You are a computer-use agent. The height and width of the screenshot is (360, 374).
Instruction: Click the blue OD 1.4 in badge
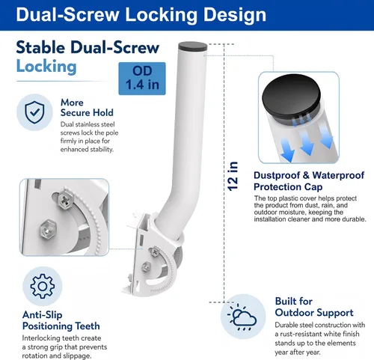point(142,79)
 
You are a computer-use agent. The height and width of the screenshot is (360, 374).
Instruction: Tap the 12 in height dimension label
point(233,176)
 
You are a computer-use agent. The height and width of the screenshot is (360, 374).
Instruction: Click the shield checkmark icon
point(34,112)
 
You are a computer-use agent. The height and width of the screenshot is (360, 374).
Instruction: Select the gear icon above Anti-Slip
point(43,286)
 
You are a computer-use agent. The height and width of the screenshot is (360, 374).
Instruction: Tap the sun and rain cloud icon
point(242,317)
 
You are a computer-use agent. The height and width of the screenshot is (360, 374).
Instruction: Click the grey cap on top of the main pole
point(193,46)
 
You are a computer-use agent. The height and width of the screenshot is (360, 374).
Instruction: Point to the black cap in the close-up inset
point(291,100)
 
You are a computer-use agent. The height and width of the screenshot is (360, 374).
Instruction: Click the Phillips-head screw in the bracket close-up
point(65,199)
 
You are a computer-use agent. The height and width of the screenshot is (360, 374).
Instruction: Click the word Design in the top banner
point(235,15)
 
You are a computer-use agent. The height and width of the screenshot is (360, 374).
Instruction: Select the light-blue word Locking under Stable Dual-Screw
point(46,67)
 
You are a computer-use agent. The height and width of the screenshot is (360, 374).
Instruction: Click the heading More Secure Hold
point(87,108)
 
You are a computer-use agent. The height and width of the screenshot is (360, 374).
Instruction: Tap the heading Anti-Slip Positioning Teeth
point(61,320)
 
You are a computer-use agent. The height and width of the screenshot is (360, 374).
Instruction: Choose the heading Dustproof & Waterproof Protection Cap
point(309,181)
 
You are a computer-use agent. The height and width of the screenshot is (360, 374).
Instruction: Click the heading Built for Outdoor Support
point(314,307)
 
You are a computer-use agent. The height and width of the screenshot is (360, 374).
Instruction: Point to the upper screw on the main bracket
point(155,251)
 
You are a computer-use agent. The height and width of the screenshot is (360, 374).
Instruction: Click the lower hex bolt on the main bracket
point(147,267)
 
